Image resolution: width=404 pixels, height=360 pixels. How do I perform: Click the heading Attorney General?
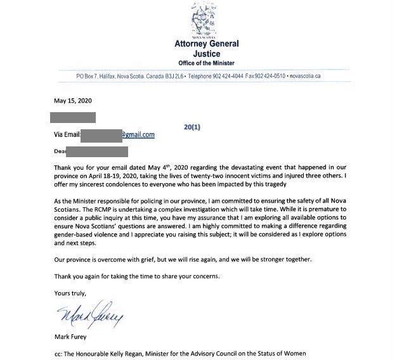point(207,44)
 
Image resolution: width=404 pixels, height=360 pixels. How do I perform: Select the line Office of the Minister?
point(207,64)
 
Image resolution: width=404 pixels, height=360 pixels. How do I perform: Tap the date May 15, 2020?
point(73,101)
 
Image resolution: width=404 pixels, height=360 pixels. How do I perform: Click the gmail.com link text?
point(138,134)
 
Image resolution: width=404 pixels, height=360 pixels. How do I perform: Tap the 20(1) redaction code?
point(192,127)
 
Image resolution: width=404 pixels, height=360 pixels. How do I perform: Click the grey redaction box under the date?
point(74,117)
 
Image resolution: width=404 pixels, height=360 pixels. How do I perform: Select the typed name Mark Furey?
point(72,337)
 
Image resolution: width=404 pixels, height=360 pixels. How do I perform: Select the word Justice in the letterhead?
point(207,54)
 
